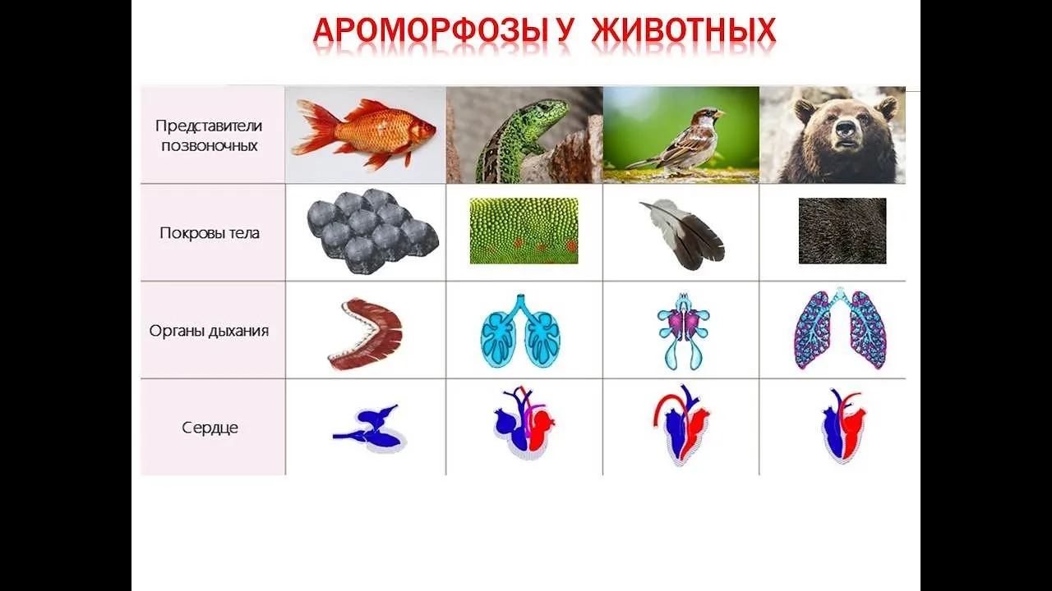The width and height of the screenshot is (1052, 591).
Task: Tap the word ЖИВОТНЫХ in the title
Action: click(x=684, y=31)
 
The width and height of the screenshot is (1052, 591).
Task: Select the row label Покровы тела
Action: click(x=210, y=233)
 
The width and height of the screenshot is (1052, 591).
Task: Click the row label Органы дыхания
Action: click(x=209, y=331)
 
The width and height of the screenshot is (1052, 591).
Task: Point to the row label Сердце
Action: click(x=210, y=428)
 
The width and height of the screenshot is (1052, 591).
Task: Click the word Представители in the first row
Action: click(x=209, y=126)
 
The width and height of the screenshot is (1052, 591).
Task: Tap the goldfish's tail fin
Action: click(x=314, y=127)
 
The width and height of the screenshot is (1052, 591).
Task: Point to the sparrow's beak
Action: click(x=718, y=113)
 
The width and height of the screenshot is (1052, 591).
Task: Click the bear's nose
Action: click(x=845, y=127)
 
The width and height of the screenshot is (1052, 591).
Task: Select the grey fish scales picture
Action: click(x=372, y=231)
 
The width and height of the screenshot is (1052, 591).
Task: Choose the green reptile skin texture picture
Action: click(x=524, y=231)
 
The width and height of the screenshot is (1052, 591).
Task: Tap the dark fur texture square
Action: click(x=842, y=231)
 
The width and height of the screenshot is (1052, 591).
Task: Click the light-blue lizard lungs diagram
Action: click(x=520, y=331)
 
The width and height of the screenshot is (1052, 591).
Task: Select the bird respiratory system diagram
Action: click(x=684, y=331)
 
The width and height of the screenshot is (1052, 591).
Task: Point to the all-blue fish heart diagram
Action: click(x=370, y=429)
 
